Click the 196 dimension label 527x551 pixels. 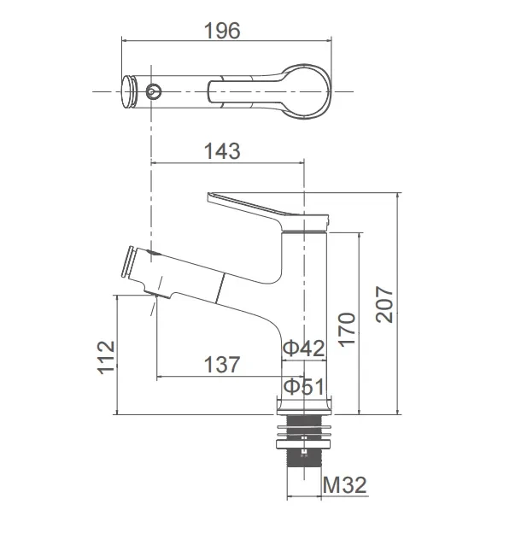pyautogui.click(x=222, y=31)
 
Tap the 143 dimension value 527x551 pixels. pyautogui.click(x=222, y=151)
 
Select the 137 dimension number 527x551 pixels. pyautogui.click(x=222, y=365)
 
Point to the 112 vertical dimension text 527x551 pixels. pyautogui.click(x=106, y=357)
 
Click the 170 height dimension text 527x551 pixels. pyautogui.click(x=347, y=329)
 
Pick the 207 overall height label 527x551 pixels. pyautogui.click(x=384, y=304)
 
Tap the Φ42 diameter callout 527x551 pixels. pyautogui.click(x=303, y=349)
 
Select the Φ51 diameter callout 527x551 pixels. pyautogui.click(x=303, y=386)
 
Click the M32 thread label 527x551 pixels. pyautogui.click(x=345, y=485)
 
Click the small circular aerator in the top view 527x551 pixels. pyautogui.click(x=154, y=91)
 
